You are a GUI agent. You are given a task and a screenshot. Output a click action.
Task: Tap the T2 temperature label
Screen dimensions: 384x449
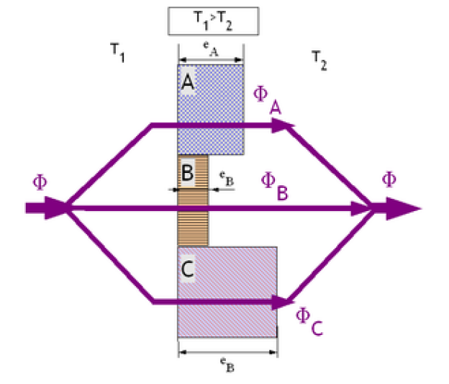click(319, 58)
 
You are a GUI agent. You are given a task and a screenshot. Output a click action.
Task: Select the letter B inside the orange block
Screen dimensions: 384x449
click(186, 174)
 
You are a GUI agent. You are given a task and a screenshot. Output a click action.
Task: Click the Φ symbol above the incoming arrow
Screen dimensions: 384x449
click(40, 181)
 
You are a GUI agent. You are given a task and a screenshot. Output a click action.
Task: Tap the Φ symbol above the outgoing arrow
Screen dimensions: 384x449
click(389, 179)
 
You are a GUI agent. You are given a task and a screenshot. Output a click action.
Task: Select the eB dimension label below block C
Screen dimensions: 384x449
click(227, 365)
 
